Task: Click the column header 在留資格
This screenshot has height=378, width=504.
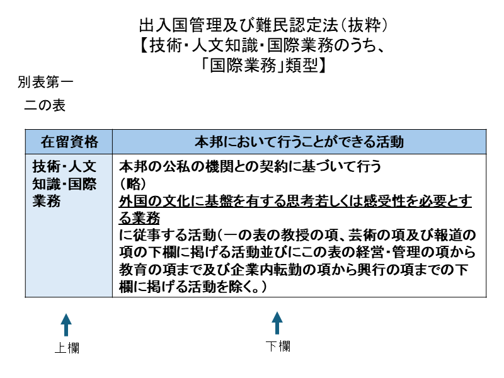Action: (x=69, y=140)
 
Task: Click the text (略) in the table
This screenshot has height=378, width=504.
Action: (x=133, y=184)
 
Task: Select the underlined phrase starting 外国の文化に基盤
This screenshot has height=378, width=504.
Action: (x=295, y=202)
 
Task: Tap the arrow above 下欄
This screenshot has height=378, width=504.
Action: (x=277, y=323)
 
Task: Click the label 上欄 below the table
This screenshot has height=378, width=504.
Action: (x=67, y=348)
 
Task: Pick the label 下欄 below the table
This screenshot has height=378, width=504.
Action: (x=277, y=346)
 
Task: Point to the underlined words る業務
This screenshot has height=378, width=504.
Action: (x=139, y=218)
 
